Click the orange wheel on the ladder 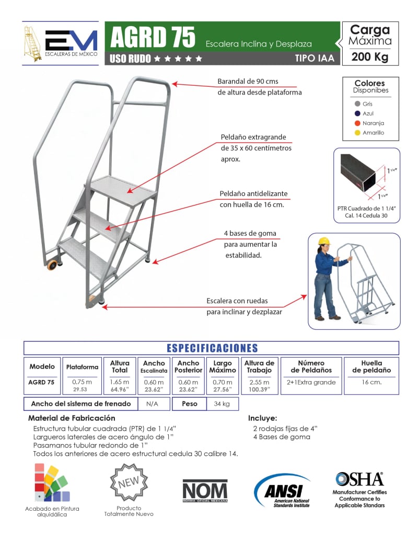53,265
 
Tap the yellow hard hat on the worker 324,241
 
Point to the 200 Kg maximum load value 369,57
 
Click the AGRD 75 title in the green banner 153,37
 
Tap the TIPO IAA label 315,59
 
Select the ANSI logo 283,490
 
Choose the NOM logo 205,490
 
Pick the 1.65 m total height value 120,382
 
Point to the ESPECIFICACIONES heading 212,348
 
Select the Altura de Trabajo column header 259,366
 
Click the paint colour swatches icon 52,483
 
